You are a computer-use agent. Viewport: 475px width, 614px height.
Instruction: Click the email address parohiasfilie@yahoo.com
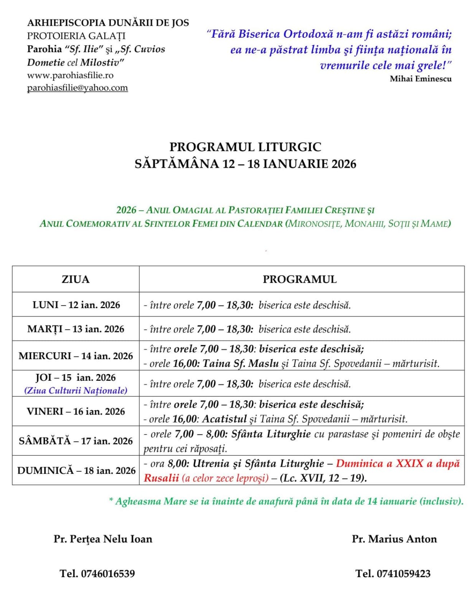click(77, 88)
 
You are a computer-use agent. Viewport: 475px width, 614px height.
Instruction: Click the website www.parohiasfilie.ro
click(70, 75)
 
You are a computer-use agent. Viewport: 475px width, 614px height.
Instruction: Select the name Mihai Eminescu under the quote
click(421, 79)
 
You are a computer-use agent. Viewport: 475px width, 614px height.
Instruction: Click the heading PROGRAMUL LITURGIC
click(245, 147)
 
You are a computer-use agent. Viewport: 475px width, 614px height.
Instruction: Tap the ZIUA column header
click(76, 279)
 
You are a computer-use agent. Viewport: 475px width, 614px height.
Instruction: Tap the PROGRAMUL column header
click(300, 279)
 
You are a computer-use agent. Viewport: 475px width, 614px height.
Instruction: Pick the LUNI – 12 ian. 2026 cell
click(76, 305)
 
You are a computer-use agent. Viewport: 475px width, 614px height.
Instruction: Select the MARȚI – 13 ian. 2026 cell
click(76, 329)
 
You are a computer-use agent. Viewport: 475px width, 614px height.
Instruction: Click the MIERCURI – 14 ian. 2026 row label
click(76, 356)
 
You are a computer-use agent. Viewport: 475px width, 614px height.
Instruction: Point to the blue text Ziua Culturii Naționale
click(76, 391)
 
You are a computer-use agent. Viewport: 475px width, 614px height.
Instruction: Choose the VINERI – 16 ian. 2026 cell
click(76, 411)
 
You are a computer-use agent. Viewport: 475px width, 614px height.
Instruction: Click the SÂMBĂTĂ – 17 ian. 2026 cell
click(76, 441)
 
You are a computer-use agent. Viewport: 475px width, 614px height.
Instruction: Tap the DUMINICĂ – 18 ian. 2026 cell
click(76, 470)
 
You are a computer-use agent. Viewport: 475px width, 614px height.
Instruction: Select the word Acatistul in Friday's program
click(224, 419)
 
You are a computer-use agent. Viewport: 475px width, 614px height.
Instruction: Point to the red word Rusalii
click(161, 478)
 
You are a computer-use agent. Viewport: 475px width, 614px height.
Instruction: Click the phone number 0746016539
click(108, 574)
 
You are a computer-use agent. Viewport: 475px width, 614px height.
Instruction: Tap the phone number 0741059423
click(404, 574)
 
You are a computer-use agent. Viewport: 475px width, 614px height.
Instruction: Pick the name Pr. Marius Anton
click(394, 539)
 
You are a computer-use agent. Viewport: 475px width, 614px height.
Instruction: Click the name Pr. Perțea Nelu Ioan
click(103, 539)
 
